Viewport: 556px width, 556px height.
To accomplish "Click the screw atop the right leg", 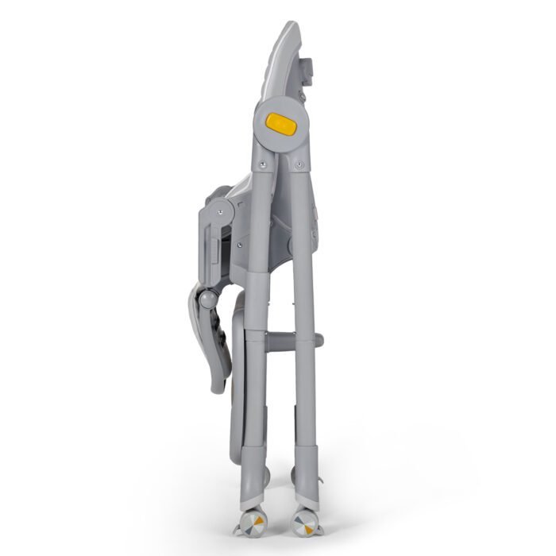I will pos(299,164).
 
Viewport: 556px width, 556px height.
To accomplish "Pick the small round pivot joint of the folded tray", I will pos(206,299).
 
